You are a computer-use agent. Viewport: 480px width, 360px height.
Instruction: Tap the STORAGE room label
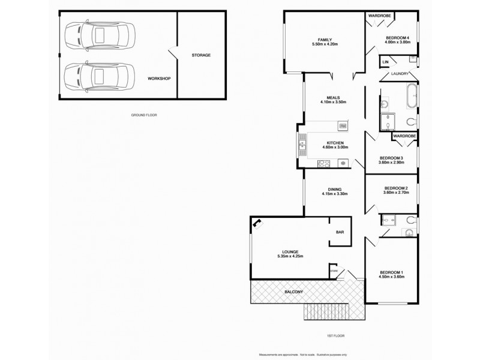(x=201, y=55)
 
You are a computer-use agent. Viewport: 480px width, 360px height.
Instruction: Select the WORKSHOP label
(x=160, y=79)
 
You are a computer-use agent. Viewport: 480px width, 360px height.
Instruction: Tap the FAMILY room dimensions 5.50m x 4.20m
(x=325, y=44)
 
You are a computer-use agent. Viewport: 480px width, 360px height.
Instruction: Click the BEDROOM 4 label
(x=397, y=38)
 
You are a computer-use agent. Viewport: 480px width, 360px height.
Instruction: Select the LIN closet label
(x=385, y=62)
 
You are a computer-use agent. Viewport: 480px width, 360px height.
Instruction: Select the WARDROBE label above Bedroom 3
(x=404, y=136)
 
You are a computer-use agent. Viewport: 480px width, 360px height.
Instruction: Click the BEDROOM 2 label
(x=396, y=188)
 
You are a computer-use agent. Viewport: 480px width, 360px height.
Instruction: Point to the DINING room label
(x=335, y=190)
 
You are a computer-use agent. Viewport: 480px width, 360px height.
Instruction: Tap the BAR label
(x=339, y=232)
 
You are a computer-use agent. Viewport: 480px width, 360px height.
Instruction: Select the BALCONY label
(x=294, y=292)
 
